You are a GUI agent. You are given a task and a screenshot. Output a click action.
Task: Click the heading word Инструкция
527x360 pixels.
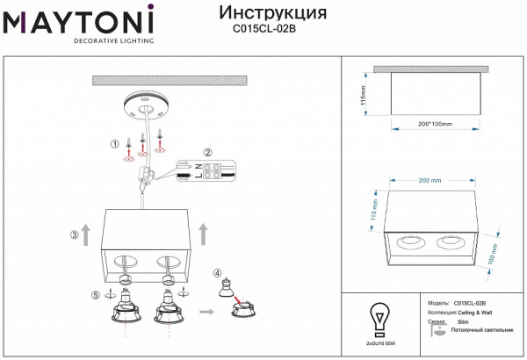tap(271, 13)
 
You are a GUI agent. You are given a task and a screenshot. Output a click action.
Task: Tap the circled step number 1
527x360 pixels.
tap(113, 144)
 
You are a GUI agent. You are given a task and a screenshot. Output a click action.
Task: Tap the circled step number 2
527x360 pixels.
tap(208, 153)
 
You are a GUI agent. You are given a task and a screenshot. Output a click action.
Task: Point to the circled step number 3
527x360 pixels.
tap(76, 235)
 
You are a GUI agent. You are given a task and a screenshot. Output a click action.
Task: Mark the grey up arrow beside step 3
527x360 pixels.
tap(86, 233)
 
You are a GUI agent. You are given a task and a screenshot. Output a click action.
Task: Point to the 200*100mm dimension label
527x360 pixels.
tap(434, 124)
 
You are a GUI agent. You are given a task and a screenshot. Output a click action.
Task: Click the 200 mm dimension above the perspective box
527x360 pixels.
tap(430, 180)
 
